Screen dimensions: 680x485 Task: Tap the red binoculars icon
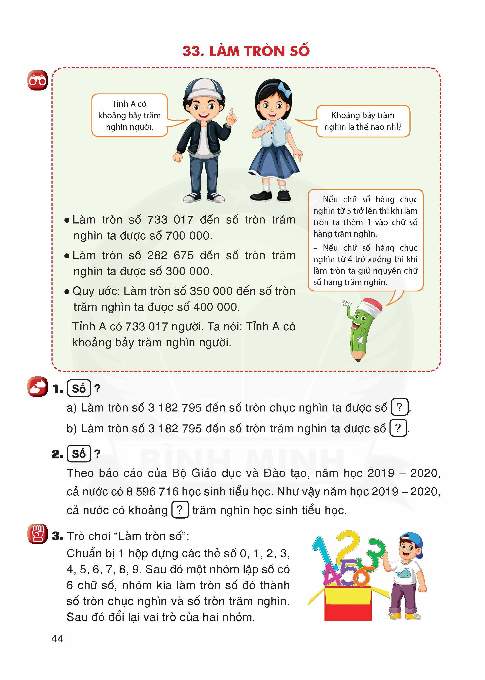tap(38, 81)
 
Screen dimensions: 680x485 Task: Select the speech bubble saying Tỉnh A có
tap(129, 115)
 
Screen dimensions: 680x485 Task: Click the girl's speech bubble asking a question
tap(363, 121)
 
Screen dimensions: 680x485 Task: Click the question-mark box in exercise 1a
tap(399, 407)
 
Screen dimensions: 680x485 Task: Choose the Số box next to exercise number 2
tap(79, 454)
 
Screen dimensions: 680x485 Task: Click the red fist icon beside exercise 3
tap(38, 534)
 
